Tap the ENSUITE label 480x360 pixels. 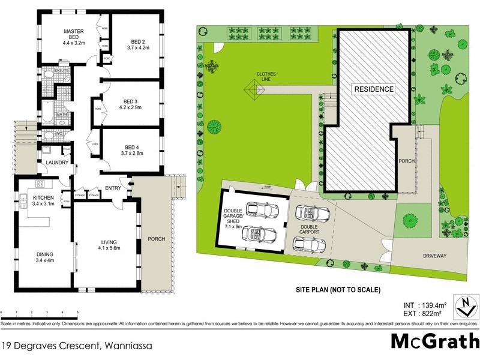click(x=62, y=71)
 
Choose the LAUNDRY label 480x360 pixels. click(x=58, y=163)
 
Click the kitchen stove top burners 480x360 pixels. click(x=41, y=184)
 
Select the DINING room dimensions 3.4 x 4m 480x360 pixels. click(x=44, y=260)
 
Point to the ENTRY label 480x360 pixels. click(x=113, y=188)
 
